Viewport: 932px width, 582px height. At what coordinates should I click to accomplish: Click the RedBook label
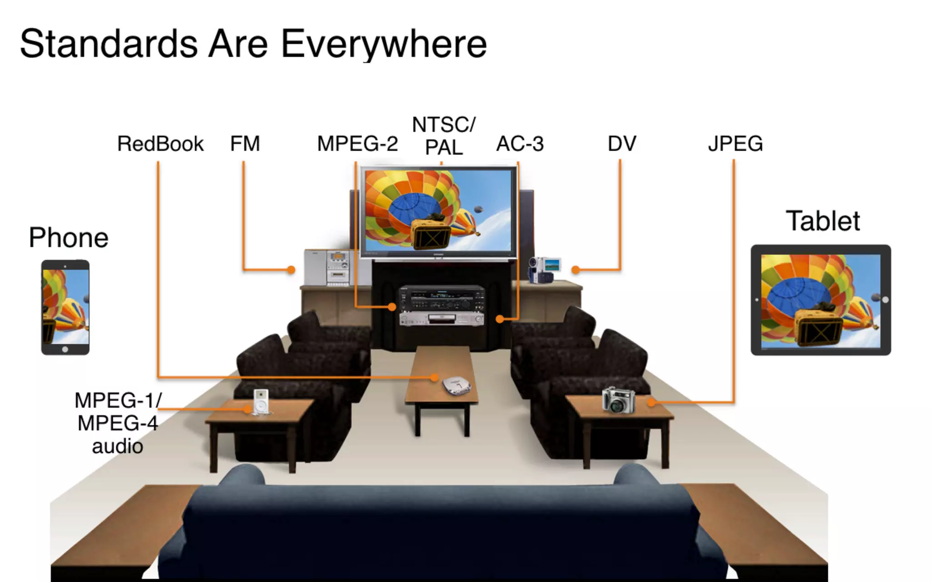point(160,144)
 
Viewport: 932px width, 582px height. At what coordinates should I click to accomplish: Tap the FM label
point(245,144)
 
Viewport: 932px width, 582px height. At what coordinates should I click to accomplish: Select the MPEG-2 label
point(357,144)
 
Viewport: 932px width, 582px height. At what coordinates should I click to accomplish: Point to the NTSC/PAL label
point(444,135)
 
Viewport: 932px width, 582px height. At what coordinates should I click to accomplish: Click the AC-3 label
point(520,144)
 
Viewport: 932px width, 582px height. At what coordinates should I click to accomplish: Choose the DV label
point(622,144)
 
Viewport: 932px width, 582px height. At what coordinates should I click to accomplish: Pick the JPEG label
point(735,144)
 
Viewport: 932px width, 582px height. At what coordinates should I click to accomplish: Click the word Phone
point(69,237)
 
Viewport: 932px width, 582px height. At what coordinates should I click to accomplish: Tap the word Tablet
point(823,221)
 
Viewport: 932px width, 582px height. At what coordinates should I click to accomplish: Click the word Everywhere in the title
point(384,44)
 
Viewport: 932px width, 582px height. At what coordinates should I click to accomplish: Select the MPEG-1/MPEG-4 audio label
point(117,423)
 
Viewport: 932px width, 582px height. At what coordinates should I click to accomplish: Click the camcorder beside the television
point(543,270)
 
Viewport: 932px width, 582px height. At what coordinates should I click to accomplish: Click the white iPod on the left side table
point(261,401)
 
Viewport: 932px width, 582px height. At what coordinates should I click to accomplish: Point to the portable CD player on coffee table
point(457,386)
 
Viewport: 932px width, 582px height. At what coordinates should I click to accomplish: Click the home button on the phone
point(65,349)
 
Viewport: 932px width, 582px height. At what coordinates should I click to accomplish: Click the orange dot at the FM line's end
point(291,270)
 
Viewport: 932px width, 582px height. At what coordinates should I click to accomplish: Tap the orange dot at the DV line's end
point(576,270)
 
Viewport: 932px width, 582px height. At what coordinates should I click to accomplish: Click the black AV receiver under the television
point(441,298)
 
